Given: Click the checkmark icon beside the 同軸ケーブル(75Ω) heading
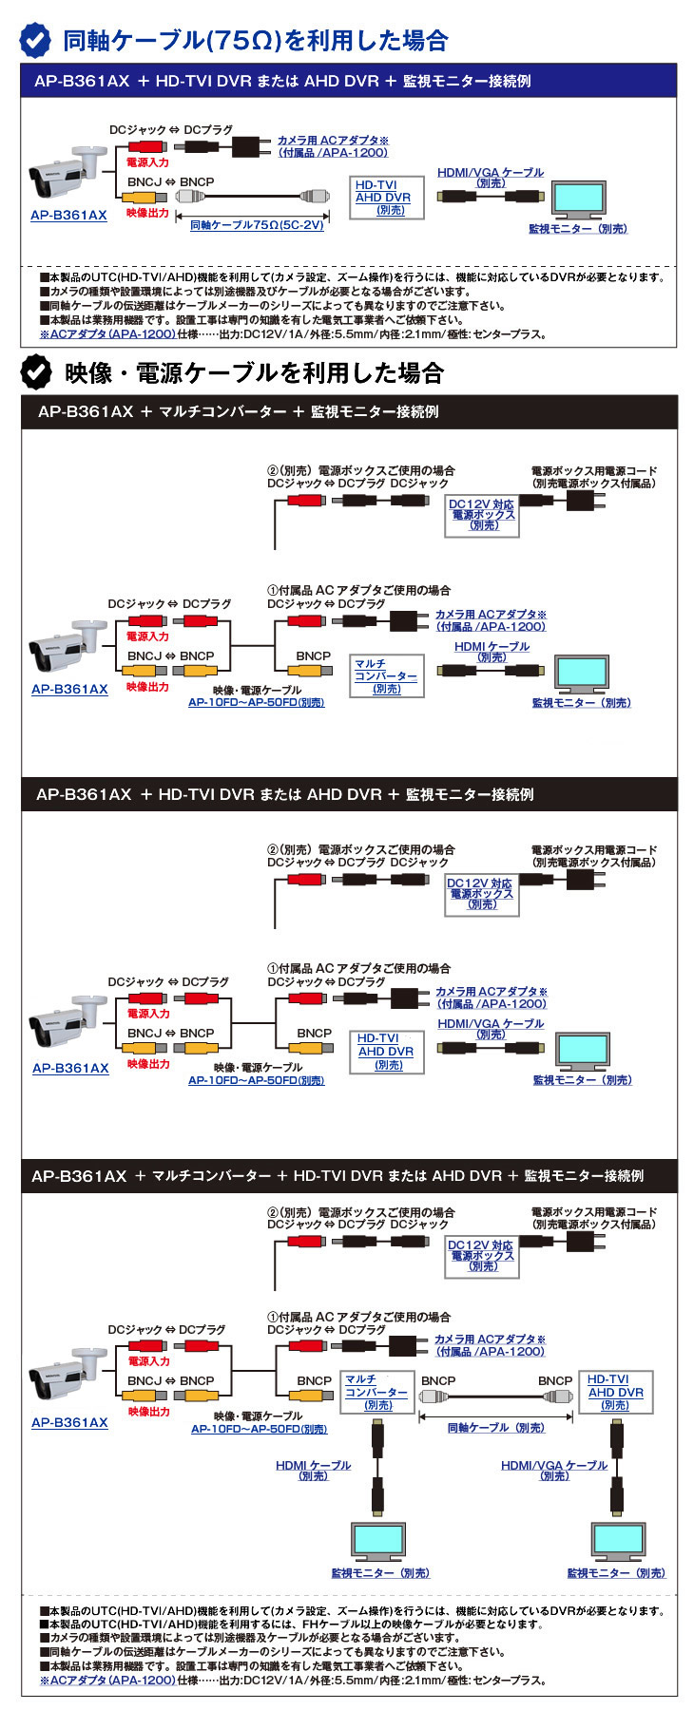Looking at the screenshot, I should [x=36, y=40].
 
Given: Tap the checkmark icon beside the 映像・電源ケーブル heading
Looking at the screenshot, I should [x=36, y=371].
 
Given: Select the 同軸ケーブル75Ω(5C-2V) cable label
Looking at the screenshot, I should [x=257, y=225].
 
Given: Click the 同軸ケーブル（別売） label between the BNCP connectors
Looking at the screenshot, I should [x=496, y=1428].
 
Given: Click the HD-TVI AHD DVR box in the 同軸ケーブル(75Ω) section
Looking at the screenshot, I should [x=383, y=198].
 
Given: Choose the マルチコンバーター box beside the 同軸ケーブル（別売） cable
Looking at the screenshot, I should [x=376, y=1392].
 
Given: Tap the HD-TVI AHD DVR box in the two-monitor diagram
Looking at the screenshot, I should [x=615, y=1392].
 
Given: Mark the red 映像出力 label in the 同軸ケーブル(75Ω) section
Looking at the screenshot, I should [x=147, y=213].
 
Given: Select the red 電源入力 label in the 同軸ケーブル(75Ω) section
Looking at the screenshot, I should [x=147, y=162].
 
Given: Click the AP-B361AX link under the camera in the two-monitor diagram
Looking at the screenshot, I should [x=69, y=1422].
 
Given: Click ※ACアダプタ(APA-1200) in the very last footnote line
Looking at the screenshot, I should [x=107, y=1680].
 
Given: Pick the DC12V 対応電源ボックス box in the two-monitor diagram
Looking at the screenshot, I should [x=481, y=1256].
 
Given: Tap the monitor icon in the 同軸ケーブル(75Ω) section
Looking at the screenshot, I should [x=580, y=200].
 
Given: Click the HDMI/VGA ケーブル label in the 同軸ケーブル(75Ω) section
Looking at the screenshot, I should [x=491, y=177].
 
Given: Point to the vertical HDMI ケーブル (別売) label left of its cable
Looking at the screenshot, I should [x=313, y=1470].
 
